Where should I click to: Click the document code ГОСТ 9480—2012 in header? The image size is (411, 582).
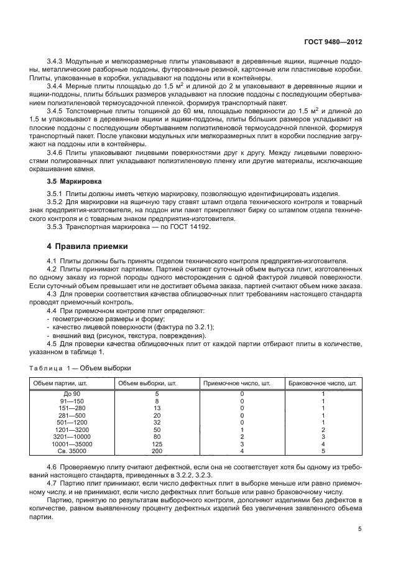(335, 42)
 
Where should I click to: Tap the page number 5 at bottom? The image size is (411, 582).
(360, 529)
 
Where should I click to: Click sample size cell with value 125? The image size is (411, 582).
(157, 444)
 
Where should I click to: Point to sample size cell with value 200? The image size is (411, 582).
(157, 452)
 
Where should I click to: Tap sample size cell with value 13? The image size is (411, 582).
(157, 408)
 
